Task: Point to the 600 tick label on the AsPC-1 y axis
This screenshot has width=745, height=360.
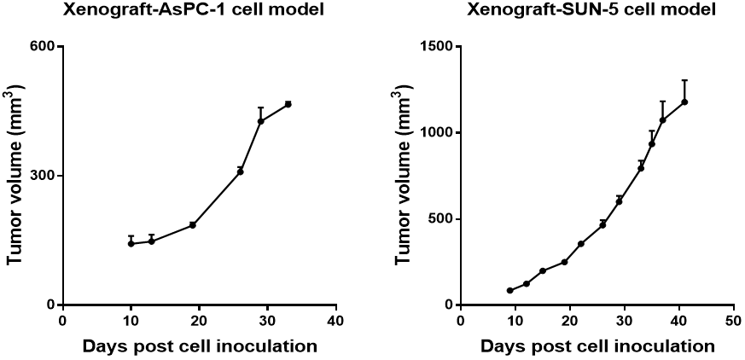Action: tap(43, 46)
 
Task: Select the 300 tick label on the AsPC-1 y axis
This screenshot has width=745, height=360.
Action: tap(43, 176)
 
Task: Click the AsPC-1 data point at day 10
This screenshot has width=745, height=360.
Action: tap(131, 244)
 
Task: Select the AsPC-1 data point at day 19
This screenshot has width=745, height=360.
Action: tap(193, 225)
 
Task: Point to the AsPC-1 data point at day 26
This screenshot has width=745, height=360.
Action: tap(241, 171)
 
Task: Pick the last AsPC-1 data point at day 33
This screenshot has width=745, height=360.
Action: tap(288, 104)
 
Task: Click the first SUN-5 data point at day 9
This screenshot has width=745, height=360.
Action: tap(509, 291)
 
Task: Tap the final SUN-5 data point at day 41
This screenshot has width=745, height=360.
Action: tap(684, 102)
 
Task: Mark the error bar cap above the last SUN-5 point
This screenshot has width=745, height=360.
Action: tap(684, 80)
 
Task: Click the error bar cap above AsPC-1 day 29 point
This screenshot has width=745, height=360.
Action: tap(261, 107)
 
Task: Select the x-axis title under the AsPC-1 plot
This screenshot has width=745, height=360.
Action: tap(200, 346)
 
